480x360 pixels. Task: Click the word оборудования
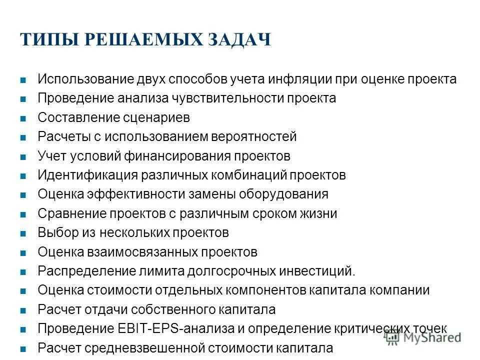(286, 194)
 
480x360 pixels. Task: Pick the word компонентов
(276, 290)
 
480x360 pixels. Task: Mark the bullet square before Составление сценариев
(23, 118)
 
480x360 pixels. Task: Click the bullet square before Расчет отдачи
(23, 310)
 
